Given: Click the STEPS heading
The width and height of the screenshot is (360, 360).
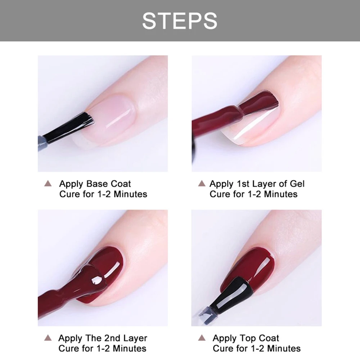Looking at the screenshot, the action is tap(180, 21).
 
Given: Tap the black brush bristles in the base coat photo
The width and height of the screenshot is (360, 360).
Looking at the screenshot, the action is tap(69, 127).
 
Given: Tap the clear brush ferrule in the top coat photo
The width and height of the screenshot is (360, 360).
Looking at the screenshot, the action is tap(206, 314).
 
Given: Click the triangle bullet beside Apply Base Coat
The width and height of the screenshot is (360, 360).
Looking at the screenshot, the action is tap(48, 184).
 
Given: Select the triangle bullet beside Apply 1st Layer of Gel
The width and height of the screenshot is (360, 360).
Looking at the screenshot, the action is tap(202, 184).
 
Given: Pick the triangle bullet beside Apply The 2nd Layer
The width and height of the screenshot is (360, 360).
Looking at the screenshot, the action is tap(48, 338).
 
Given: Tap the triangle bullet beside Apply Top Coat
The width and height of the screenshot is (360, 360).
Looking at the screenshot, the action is tap(202, 338).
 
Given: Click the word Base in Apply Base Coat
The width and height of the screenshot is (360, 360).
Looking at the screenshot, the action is tap(97, 184).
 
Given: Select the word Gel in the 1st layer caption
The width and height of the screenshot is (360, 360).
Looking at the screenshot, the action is tap(297, 184).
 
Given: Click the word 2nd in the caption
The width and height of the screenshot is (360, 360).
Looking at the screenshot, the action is tap(112, 338).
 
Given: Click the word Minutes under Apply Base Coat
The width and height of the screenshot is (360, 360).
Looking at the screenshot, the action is tap(130, 194).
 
